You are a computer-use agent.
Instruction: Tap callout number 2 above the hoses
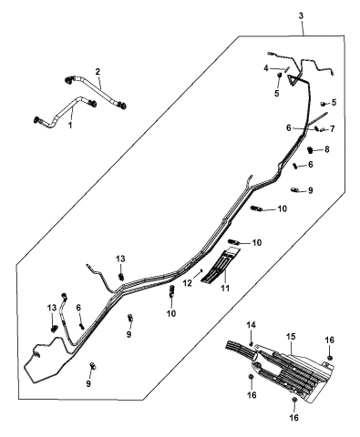pyautogui.click(x=98, y=71)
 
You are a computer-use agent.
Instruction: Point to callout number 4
pyautogui.click(x=266, y=68)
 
